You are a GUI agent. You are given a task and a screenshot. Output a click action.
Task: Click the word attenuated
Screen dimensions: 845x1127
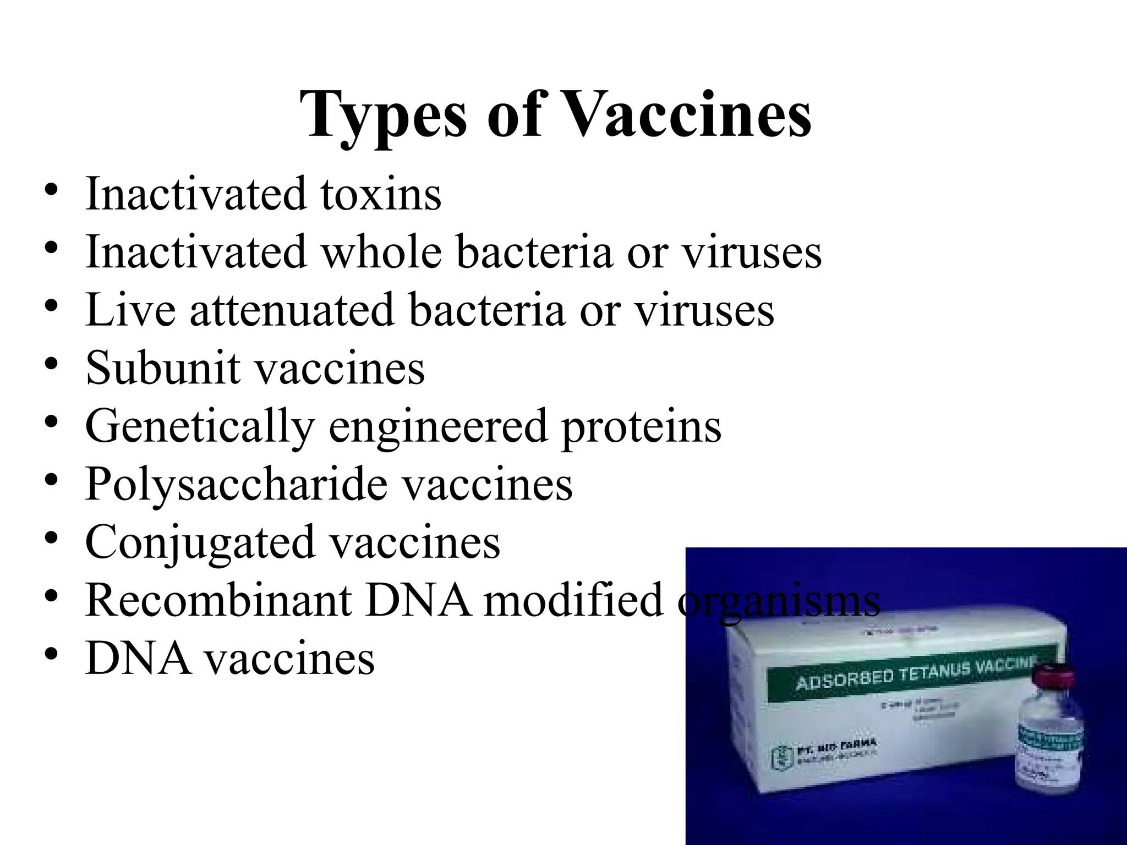tap(292, 310)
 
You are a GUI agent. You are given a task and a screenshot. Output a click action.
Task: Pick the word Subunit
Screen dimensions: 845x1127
tap(163, 367)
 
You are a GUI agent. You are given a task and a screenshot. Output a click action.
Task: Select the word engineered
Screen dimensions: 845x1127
tap(437, 426)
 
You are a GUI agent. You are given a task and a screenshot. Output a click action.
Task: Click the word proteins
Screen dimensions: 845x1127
tap(641, 426)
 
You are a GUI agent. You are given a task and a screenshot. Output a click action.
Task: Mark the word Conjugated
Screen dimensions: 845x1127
tap(200, 542)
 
